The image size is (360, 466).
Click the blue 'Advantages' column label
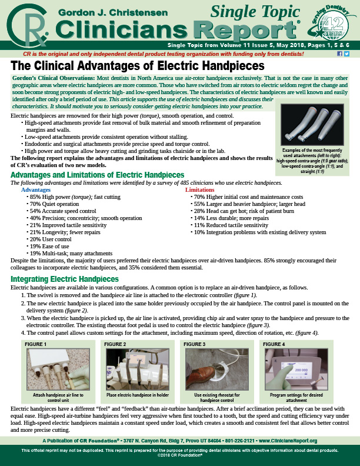point(36,190)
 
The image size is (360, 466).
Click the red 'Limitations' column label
point(200,190)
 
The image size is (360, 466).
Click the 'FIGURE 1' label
point(36,344)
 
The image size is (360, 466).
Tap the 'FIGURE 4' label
point(274,344)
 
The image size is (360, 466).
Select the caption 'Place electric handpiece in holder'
point(138,395)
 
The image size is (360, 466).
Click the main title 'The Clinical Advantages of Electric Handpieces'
point(137,66)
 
